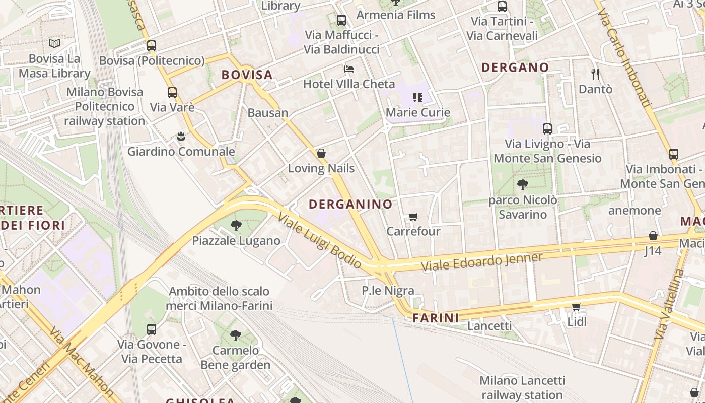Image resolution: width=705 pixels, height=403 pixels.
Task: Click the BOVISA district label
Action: pos(247,75)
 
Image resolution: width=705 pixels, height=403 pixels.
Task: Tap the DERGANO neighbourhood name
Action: pos(515,67)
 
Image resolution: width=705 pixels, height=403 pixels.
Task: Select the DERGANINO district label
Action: pos(350,204)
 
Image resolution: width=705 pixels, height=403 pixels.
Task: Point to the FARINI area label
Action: pos(436,318)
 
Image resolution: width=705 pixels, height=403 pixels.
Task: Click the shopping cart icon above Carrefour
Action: pos(413,217)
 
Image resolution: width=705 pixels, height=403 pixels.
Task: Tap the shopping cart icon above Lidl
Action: pos(577,307)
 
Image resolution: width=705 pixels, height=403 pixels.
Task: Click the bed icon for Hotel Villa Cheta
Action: pos(348,69)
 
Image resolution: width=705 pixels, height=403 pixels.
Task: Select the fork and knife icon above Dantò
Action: pos(595,74)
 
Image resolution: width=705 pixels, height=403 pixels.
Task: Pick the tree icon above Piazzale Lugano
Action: pos(236,226)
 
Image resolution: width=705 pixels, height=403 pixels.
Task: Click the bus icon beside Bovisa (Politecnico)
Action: pos(152,46)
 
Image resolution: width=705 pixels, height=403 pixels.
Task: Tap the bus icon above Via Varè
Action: pos(172,93)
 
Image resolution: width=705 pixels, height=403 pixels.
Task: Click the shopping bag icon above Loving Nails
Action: pos(321,153)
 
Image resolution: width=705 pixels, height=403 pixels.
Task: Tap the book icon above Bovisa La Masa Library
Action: pos(54,44)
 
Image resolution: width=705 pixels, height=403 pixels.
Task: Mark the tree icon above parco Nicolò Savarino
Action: pos(523,185)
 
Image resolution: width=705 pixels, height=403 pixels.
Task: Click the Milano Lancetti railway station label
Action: pos(522,387)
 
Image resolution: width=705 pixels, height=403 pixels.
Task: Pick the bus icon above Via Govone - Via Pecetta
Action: pos(152,329)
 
